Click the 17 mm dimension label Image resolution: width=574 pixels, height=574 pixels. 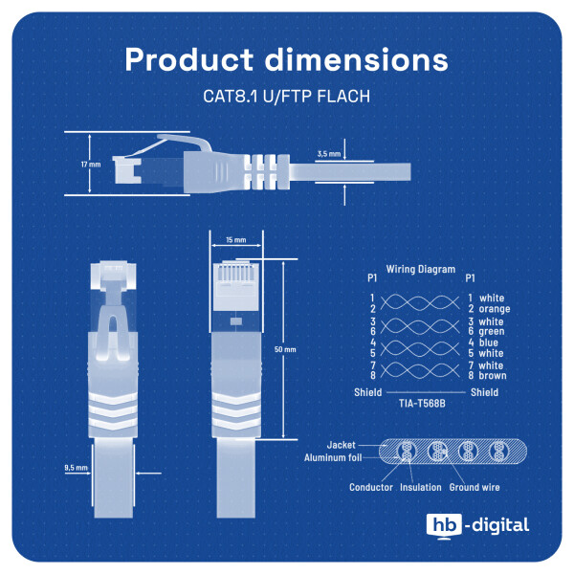coord(91,165)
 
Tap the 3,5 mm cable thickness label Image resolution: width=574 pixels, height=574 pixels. coord(329,154)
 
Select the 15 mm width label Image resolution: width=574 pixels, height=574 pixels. coord(236,240)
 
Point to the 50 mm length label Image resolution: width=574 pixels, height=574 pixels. coord(285,349)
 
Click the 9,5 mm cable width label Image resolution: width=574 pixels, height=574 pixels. coord(77,468)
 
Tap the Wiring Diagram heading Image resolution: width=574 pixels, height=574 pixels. coord(421,270)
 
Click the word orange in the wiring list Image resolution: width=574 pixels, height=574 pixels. coord(495,309)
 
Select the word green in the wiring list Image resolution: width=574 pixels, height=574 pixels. coord(492,331)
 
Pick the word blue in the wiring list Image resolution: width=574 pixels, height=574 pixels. coord(489,342)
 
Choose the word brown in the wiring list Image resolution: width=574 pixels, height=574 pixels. coord(493,376)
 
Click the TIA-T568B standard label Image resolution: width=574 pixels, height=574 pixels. coord(422,404)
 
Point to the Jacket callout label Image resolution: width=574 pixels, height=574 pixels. coord(341,445)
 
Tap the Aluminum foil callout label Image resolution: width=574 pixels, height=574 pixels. coord(333,457)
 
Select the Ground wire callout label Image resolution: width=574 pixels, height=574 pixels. coord(475,487)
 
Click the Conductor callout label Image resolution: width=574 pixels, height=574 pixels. coord(371,487)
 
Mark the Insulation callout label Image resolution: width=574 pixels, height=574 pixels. coord(421,487)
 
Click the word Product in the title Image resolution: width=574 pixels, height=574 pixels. coord(188,59)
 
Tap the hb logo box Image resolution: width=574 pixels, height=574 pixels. coord(445,524)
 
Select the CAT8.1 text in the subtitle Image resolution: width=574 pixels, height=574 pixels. coord(231,97)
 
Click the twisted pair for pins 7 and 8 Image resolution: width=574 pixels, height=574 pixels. coord(420,370)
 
